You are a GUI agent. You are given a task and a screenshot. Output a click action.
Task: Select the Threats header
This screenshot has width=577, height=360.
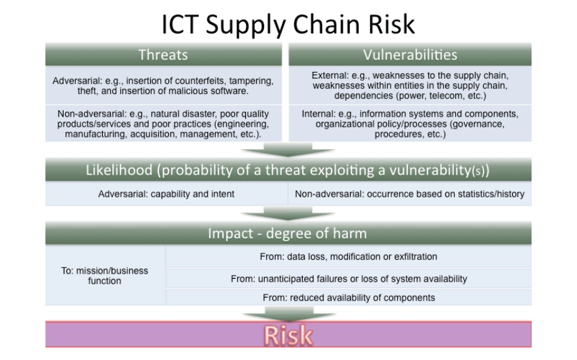pyautogui.click(x=163, y=55)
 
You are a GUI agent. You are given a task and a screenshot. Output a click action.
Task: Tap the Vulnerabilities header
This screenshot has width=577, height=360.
pyautogui.click(x=410, y=55)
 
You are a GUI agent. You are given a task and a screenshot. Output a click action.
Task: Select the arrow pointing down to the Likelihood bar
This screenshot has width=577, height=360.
pyautogui.click(x=288, y=150)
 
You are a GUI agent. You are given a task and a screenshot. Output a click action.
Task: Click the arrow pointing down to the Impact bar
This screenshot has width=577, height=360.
pyautogui.click(x=288, y=214)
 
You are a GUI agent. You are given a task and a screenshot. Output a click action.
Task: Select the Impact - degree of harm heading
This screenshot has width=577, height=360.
pyautogui.click(x=288, y=233)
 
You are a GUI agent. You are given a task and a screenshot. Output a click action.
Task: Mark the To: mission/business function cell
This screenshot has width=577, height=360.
pyautogui.click(x=105, y=276)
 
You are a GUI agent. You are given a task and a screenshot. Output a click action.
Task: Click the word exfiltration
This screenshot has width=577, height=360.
pyautogui.click(x=413, y=257)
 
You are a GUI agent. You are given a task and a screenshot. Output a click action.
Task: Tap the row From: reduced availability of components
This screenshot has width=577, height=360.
pyautogui.click(x=349, y=298)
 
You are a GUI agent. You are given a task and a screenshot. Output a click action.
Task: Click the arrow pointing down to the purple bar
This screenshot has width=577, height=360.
pyautogui.click(x=288, y=313)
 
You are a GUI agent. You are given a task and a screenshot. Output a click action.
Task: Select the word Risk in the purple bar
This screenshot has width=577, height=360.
pyautogui.click(x=288, y=335)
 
